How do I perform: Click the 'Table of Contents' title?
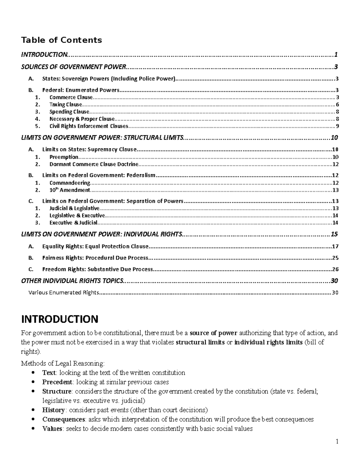tap(61, 40)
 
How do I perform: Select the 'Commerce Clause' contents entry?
tap(71, 97)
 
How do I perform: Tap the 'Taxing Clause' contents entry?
tap(65, 104)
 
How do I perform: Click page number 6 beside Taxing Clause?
tap(337, 105)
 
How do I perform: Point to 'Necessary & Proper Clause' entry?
tap(82, 119)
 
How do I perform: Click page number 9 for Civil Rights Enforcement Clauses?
tap(337, 126)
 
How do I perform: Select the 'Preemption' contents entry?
tap(64, 157)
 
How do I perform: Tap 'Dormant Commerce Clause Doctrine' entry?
tap(94, 164)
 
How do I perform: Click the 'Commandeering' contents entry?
tap(70, 183)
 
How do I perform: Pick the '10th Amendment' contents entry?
tap(70, 190)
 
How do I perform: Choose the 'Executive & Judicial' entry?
tap(73, 223)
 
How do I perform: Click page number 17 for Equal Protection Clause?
tap(335, 247)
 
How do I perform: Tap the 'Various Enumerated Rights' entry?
tap(63, 293)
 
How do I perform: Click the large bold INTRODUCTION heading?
tap(59, 319)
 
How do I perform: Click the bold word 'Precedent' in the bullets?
tap(57, 382)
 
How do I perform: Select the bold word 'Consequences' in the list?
tap(64, 419)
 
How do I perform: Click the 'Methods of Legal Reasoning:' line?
tap(63, 363)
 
